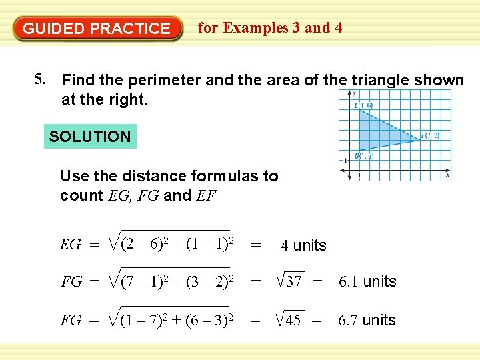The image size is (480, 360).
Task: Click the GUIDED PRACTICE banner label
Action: tap(97, 29)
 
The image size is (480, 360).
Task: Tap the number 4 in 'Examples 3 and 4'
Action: tap(339, 27)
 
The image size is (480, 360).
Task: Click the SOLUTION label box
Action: tap(90, 137)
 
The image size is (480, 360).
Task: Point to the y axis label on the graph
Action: tap(354, 93)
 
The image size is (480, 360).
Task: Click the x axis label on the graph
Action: tap(447, 175)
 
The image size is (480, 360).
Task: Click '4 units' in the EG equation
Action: tap(303, 245)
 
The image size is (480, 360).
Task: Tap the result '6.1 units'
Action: tap(367, 281)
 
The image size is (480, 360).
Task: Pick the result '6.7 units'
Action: tap(367, 320)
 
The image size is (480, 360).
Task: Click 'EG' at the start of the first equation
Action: tap(70, 245)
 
